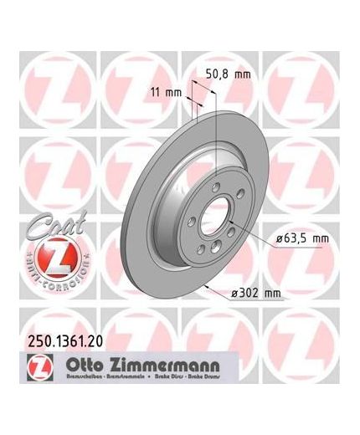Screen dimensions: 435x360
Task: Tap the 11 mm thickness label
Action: point(168,90)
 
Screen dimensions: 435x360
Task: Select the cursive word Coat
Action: point(41,227)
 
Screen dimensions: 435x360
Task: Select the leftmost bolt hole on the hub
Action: point(193,221)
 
